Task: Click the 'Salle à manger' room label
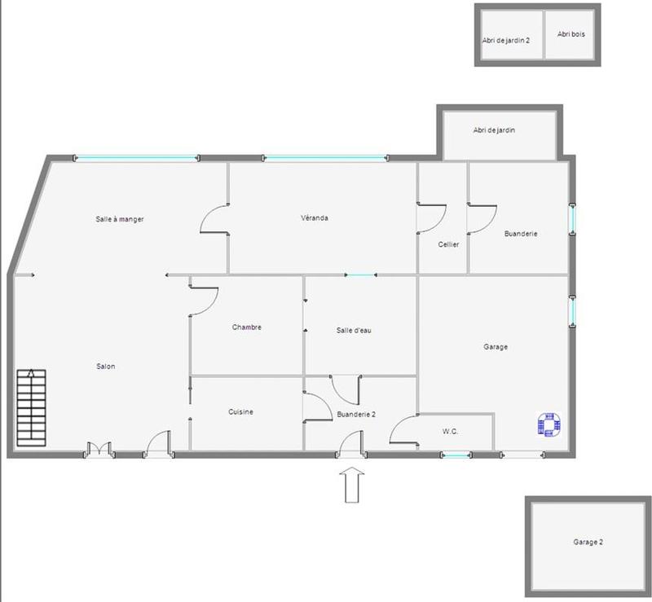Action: [x=120, y=219]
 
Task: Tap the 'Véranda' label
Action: [x=315, y=218]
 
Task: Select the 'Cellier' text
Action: [x=448, y=244]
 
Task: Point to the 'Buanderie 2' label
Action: [x=356, y=414]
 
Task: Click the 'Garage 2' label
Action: [x=588, y=542]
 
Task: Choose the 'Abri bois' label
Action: [x=571, y=34]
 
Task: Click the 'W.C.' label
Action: [x=450, y=431]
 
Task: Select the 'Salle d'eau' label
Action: [x=355, y=330]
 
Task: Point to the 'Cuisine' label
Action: [x=240, y=412]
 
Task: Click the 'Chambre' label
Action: [x=246, y=327]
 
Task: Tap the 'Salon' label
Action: [x=106, y=367]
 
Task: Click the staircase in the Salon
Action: [x=31, y=406]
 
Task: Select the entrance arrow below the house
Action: [x=352, y=484]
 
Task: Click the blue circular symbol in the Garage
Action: [x=550, y=424]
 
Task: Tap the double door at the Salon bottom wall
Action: [x=99, y=449]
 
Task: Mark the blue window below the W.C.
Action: [x=456, y=455]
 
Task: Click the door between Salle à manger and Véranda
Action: [x=215, y=220]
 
